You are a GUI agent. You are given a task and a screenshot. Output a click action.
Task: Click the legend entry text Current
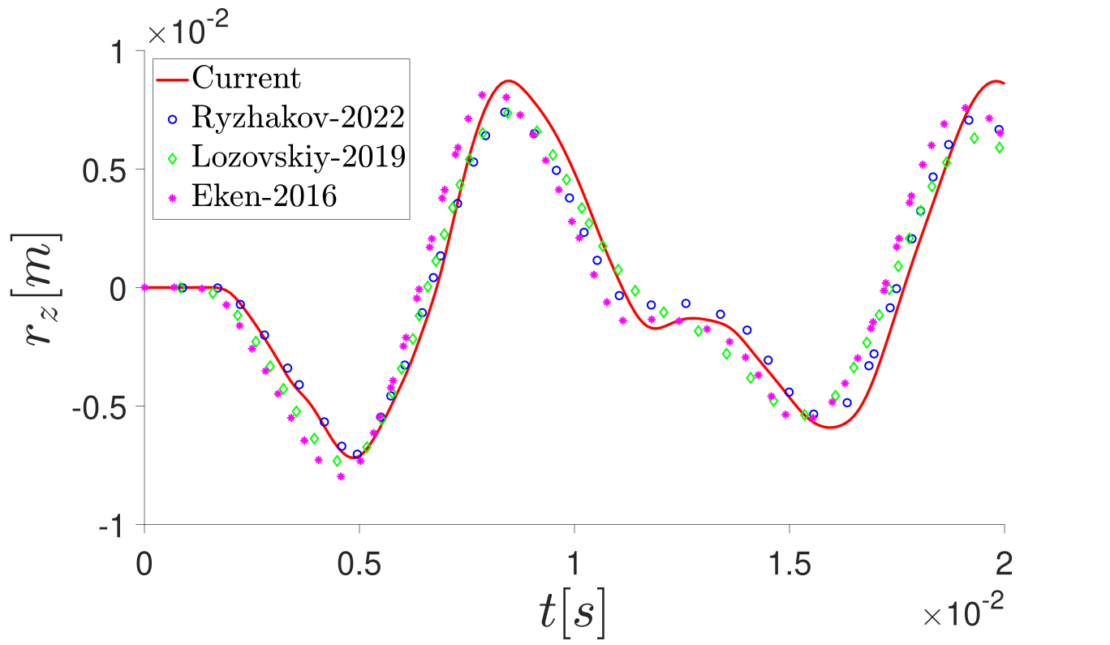[x=246, y=80]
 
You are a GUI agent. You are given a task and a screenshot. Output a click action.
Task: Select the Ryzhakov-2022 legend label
[x=298, y=118]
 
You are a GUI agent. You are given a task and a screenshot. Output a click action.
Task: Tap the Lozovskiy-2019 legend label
[x=299, y=157]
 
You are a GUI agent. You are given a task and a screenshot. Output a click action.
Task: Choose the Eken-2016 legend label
[x=264, y=196]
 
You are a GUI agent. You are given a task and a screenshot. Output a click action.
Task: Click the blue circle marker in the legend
[x=172, y=119]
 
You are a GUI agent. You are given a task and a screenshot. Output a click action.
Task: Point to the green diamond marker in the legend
[x=172, y=158]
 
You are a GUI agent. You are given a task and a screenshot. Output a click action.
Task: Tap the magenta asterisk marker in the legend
[x=172, y=197]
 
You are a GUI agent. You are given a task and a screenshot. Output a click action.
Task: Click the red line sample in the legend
[x=172, y=80]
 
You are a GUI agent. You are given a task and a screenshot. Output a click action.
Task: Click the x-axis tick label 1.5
[x=789, y=562]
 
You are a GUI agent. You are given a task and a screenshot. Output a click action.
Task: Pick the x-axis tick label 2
[x=1004, y=562]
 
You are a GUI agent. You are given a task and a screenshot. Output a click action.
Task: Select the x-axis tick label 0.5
[x=359, y=562]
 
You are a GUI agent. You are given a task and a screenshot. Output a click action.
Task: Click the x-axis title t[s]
[x=574, y=614]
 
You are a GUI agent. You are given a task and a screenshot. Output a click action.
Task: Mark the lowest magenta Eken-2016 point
[x=341, y=476]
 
